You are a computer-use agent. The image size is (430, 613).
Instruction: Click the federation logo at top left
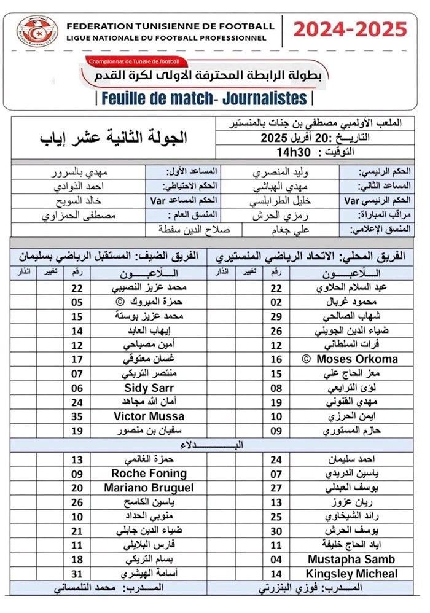pyautogui.click(x=36, y=33)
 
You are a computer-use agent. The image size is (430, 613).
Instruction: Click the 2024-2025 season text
pyautogui.click(x=350, y=29)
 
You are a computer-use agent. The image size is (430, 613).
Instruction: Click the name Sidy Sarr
pyautogui.click(x=149, y=388)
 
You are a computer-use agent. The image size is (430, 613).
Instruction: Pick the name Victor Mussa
pyautogui.click(x=149, y=416)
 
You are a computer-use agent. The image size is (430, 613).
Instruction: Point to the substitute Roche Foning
pyautogui.click(x=149, y=474)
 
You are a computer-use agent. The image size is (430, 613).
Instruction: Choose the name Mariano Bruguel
pyautogui.click(x=149, y=488)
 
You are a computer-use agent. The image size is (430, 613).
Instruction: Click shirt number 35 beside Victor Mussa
pyautogui.click(x=77, y=416)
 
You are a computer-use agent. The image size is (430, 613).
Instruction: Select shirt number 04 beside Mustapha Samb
pyautogui.click(x=276, y=560)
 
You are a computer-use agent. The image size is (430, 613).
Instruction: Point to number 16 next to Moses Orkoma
pyautogui.click(x=276, y=359)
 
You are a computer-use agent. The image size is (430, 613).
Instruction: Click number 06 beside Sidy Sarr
pyautogui.click(x=77, y=388)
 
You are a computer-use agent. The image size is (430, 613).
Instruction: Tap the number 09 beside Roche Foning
pyautogui.click(x=77, y=474)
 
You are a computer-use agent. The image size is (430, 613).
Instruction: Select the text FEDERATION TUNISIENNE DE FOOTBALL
pyautogui.click(x=170, y=26)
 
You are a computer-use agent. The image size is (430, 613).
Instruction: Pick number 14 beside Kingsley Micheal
pyautogui.click(x=276, y=574)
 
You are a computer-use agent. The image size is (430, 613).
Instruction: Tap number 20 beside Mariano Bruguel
pyautogui.click(x=77, y=488)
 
